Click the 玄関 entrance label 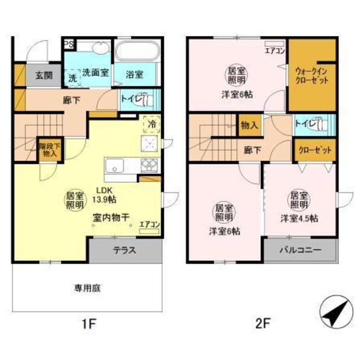click(x=43, y=76)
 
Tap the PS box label click(x=69, y=44)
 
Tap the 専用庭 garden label click(x=88, y=288)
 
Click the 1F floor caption click(x=89, y=323)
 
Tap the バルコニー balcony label click(x=300, y=250)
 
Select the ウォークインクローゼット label click(x=311, y=75)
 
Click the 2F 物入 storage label click(x=249, y=125)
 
